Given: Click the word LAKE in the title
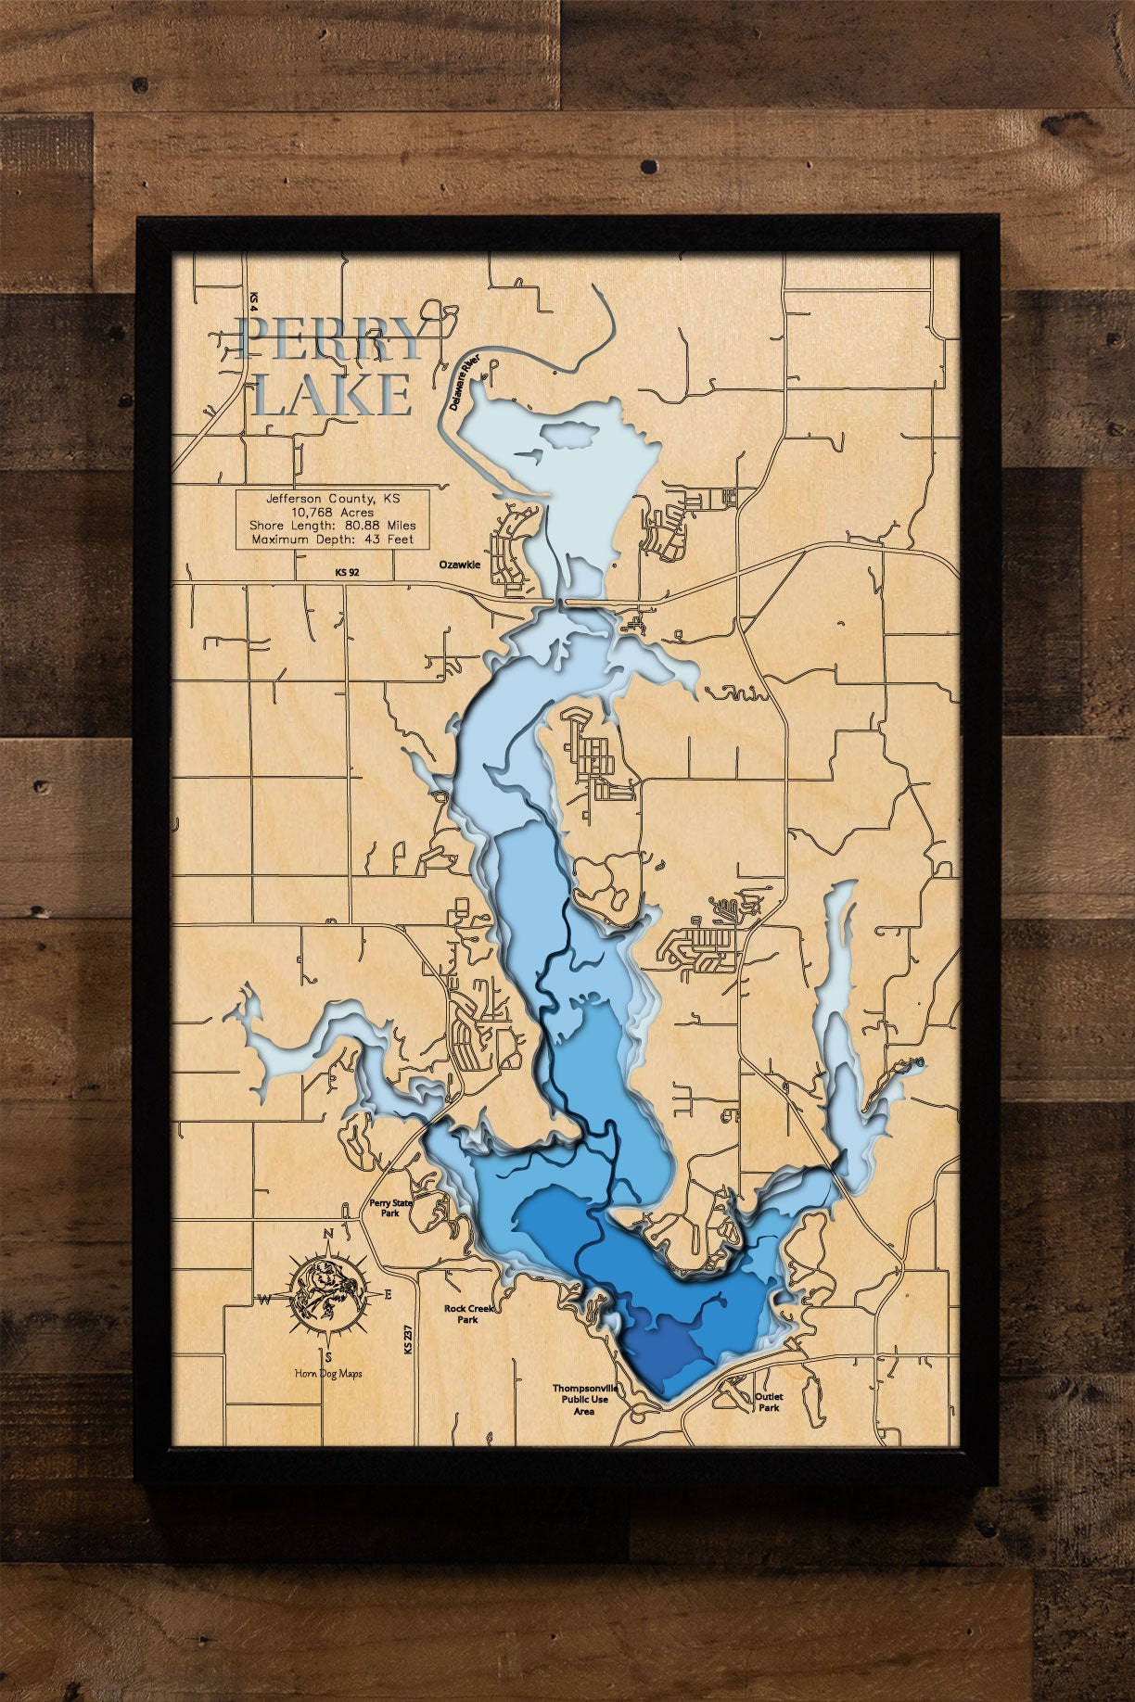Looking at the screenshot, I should [333, 395].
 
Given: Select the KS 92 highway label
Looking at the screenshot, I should [348, 573].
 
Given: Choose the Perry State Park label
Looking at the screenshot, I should [390, 1207].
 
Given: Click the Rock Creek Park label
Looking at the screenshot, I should [467, 1314].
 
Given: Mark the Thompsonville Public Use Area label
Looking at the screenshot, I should [584, 1399].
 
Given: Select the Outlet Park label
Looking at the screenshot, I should [768, 1402].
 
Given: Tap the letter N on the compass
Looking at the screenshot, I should [327, 1234].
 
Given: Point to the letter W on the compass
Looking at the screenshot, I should [263, 1300].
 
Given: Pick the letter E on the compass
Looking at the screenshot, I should [389, 1293].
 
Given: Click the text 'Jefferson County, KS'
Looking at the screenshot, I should [332, 498].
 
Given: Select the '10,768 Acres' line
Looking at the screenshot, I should [332, 512].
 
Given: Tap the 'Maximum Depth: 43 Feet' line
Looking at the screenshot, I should [332, 539].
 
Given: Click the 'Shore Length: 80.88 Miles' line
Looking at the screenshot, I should [332, 526].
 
